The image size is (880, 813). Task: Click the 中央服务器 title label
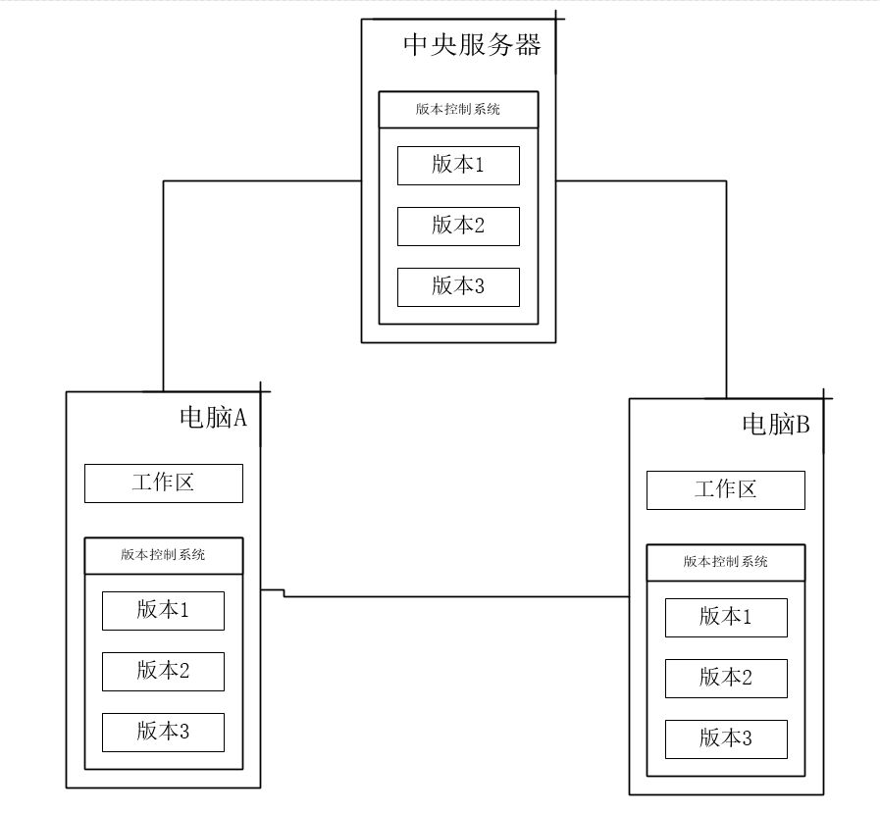(472, 45)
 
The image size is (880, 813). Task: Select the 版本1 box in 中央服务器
(458, 165)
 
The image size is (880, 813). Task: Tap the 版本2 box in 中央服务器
(458, 226)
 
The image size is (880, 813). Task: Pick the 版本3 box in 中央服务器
(458, 286)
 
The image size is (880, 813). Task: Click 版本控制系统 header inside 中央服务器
(458, 110)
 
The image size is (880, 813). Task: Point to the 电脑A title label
(213, 418)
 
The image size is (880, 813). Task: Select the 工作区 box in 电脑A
(163, 483)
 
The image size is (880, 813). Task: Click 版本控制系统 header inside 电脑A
(163, 555)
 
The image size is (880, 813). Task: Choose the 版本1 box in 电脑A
(163, 611)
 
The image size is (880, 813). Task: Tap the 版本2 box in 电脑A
(163, 672)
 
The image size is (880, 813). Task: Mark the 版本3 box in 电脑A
(163, 733)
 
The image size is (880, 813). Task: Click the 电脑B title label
(775, 425)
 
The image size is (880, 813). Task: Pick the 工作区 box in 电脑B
(726, 490)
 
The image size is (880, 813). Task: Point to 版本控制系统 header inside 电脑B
(726, 562)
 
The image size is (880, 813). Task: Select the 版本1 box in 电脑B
(726, 618)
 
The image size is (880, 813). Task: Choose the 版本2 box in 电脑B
(726, 679)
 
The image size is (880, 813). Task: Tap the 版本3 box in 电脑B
(726, 739)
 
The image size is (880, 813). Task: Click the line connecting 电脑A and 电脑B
(451, 595)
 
